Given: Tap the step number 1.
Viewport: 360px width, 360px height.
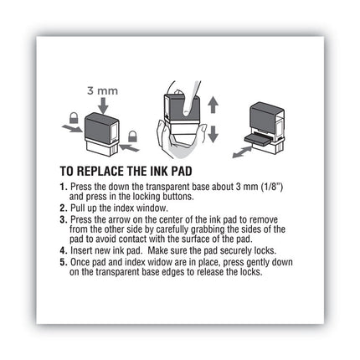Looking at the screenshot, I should [64, 185].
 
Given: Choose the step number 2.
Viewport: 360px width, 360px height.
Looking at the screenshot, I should [64, 206].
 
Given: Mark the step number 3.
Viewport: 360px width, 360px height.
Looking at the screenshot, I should [64, 218].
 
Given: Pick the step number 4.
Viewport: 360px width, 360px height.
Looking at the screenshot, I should [64, 249].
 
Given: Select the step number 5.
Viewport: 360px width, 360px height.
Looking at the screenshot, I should [64, 260].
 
